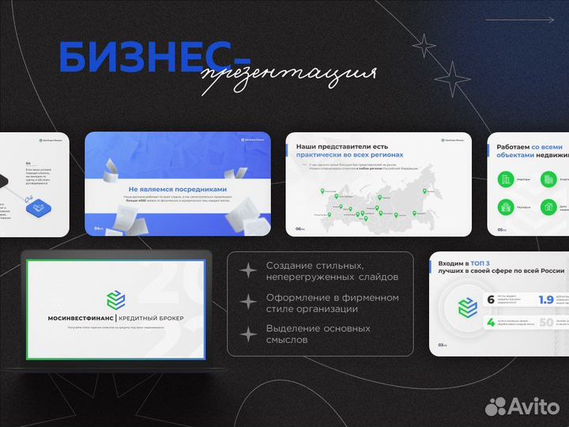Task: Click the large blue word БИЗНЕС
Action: tap(142, 57)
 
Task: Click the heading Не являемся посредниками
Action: tap(178, 190)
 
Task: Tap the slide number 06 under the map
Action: tap(300, 229)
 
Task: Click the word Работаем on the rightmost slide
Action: tap(511, 147)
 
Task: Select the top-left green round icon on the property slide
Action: tap(505, 179)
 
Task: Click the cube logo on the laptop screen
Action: tap(115, 299)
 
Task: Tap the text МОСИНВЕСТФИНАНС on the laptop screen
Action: tap(70, 318)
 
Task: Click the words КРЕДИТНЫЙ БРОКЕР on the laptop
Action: tap(153, 318)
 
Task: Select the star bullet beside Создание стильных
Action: tap(249, 271)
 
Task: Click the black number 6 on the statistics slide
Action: tap(491, 300)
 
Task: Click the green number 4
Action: tap(491, 323)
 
